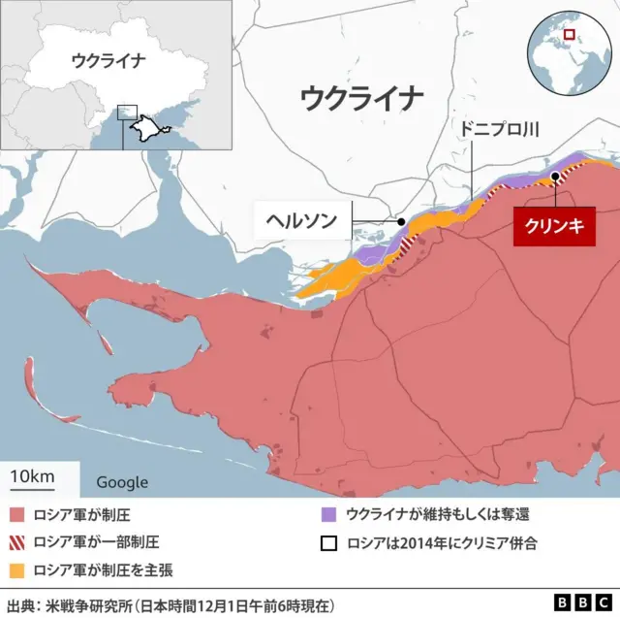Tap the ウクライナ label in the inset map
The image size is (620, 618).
coord(108,60)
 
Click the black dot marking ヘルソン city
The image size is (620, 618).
coord(401,221)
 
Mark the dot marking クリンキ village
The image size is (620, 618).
coord(555,177)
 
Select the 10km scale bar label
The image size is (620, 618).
coord(31,477)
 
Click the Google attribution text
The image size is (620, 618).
coord(122,482)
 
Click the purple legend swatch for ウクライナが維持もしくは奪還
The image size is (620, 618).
coord(329,514)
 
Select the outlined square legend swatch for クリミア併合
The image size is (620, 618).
coord(329,541)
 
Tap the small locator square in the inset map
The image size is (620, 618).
coord(127,113)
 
